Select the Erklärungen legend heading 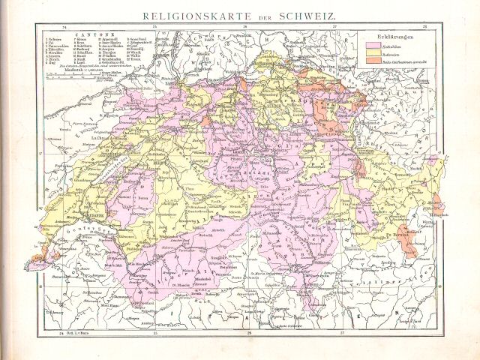tap(384, 35)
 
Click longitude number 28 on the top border tap(425, 28)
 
